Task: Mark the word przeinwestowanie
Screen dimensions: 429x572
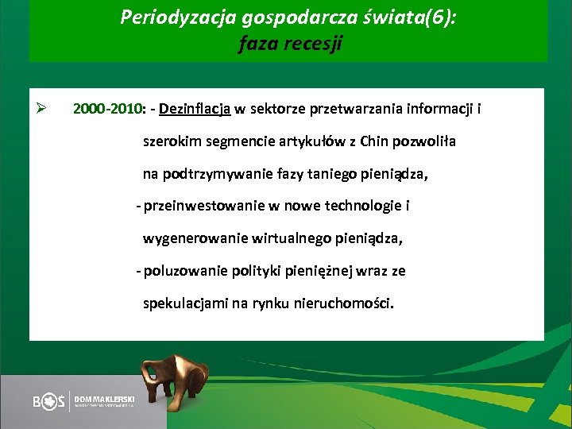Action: (203, 207)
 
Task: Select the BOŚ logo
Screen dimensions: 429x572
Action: (49, 402)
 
